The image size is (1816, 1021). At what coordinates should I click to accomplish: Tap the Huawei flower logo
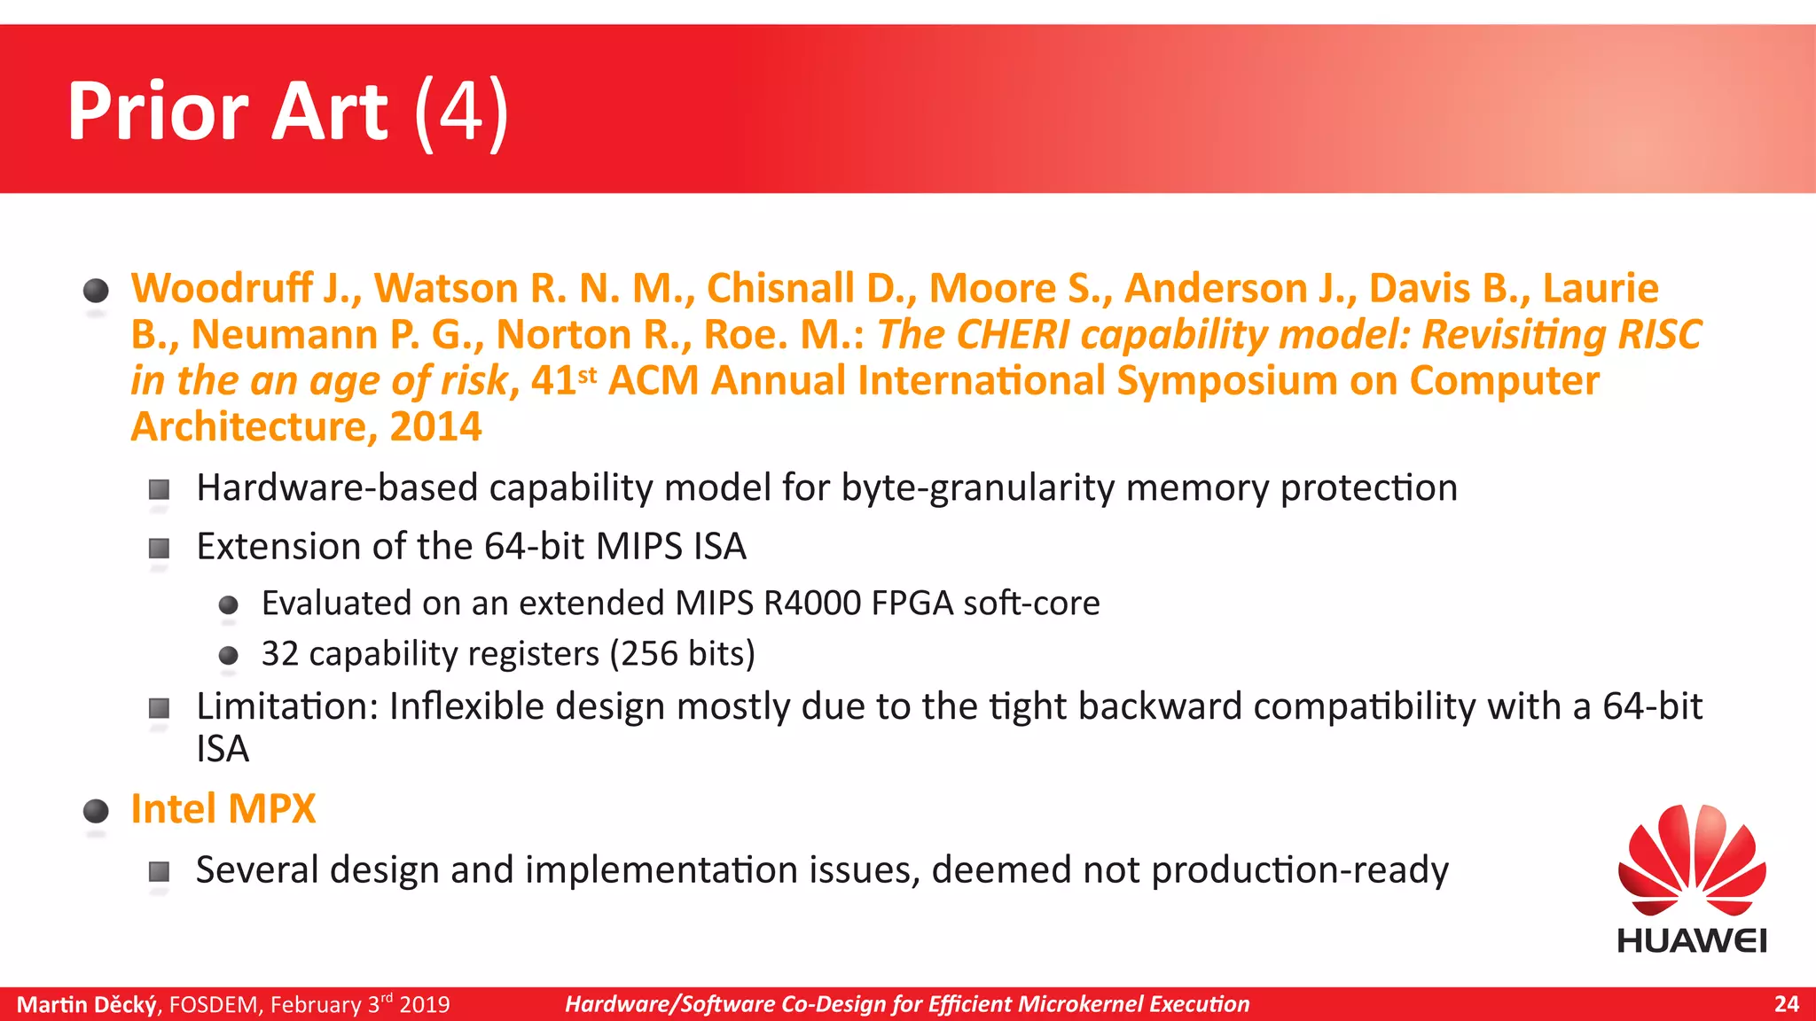pos(1692,860)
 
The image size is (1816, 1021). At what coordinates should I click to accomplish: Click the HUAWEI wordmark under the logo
pos(1692,940)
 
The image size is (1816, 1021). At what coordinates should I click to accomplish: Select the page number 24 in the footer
pos(1786,1004)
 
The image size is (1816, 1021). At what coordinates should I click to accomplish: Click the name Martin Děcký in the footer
pos(87,1004)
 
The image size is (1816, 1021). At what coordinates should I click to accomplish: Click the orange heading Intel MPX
pos(223,808)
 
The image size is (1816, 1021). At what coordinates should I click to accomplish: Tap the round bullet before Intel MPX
pos(96,811)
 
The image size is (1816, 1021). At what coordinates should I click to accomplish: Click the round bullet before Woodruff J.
pos(96,291)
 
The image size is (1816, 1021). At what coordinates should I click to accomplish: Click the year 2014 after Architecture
pos(435,426)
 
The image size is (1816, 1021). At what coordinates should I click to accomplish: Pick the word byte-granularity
pos(977,488)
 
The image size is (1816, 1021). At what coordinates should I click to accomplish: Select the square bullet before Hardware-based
pos(159,489)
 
